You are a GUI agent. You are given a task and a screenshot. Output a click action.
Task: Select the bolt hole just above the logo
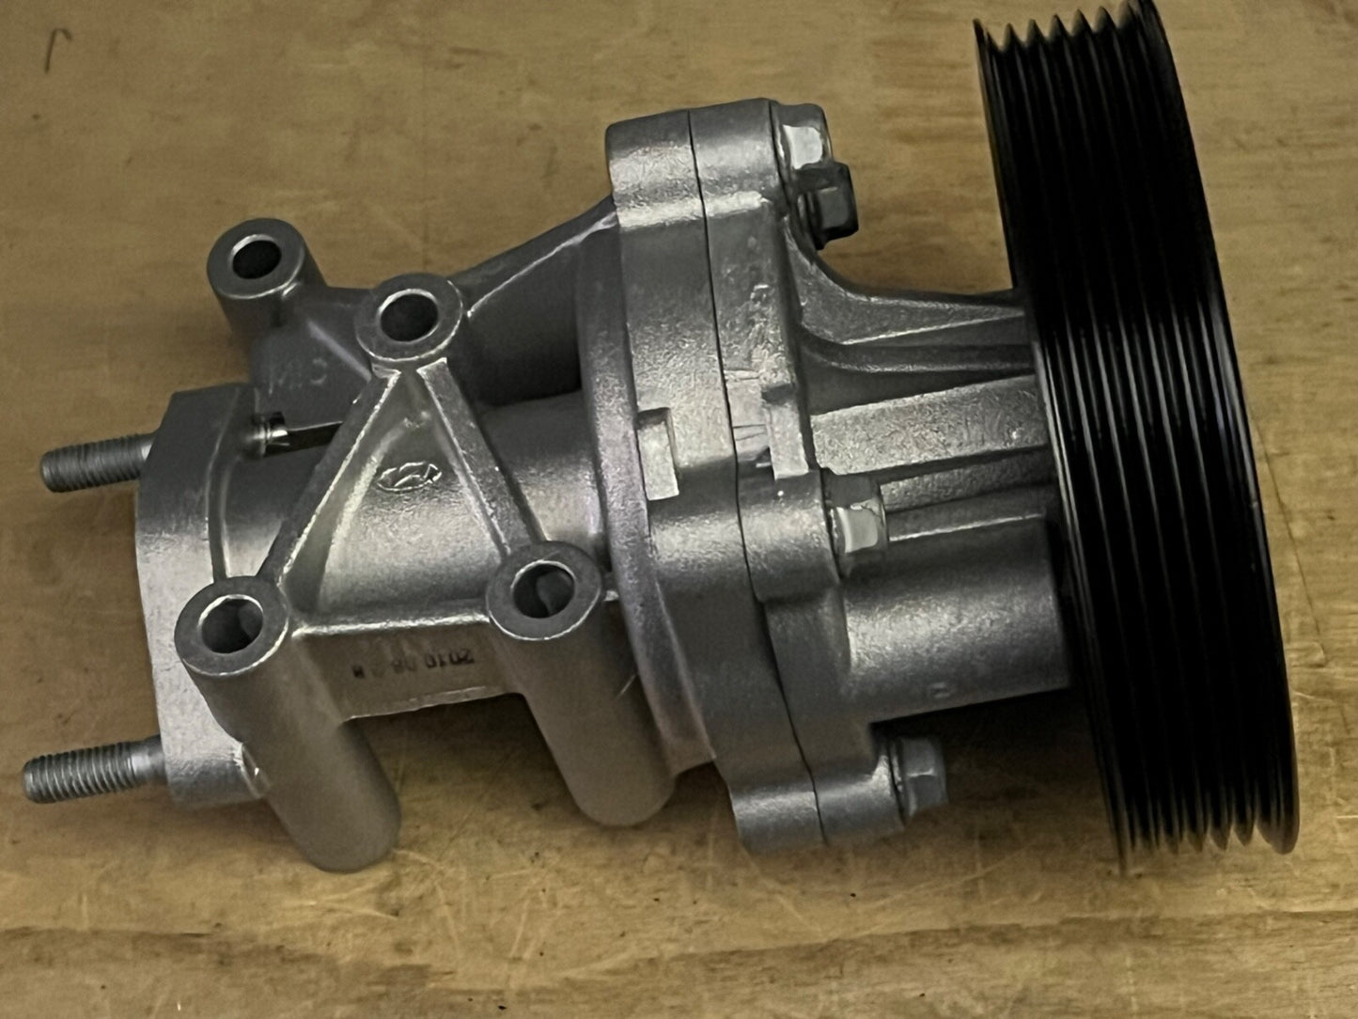405,314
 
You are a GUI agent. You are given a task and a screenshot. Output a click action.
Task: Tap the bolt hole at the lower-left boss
230,624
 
